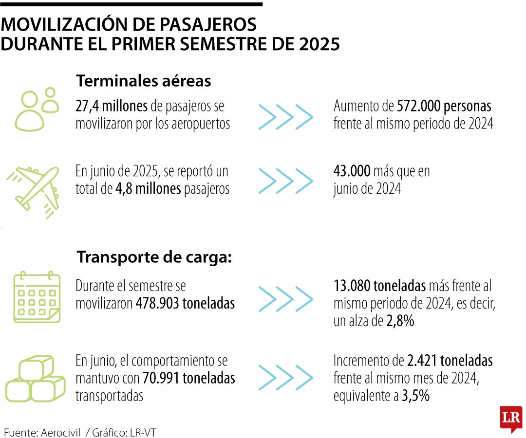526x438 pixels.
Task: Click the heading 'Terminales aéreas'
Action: pyautogui.click(x=144, y=81)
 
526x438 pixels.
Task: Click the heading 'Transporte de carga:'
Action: pyautogui.click(x=154, y=257)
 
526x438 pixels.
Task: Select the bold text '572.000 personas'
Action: pyautogui.click(x=444, y=106)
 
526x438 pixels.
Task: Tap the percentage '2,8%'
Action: pyautogui.click(x=401, y=321)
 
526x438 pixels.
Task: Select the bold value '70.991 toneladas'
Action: pyautogui.click(x=189, y=378)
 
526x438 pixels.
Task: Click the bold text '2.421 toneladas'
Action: pyautogui.click(x=449, y=361)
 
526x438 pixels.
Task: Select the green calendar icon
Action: pyautogui.click(x=37, y=298)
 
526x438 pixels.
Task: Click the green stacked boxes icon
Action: pyautogui.click(x=35, y=380)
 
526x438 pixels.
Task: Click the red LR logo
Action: pyautogui.click(x=510, y=418)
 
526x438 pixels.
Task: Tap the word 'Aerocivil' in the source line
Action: pyautogui.click(x=59, y=432)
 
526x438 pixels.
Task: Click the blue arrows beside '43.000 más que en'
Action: pyautogui.click(x=285, y=181)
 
